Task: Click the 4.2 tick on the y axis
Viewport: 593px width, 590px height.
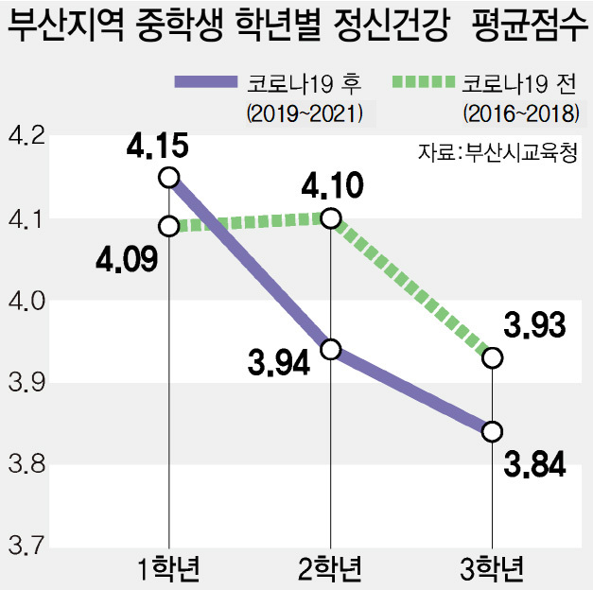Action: tap(26, 139)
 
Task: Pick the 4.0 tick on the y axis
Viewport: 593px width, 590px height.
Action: tap(26, 302)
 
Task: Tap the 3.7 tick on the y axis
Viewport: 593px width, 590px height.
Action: tap(26, 546)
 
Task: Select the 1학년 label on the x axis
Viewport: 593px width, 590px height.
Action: tap(169, 569)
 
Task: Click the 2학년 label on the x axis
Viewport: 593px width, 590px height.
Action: tap(331, 569)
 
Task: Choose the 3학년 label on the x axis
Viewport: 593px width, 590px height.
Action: tap(492, 569)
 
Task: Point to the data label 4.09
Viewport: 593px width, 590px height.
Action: tap(125, 256)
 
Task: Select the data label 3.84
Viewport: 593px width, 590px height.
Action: tap(534, 464)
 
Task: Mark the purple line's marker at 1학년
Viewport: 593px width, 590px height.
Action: tap(169, 177)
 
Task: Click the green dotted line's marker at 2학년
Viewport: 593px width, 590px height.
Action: tap(331, 218)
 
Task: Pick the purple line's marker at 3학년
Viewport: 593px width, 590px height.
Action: tap(492, 431)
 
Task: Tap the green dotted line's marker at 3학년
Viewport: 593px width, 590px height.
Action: tap(492, 358)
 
